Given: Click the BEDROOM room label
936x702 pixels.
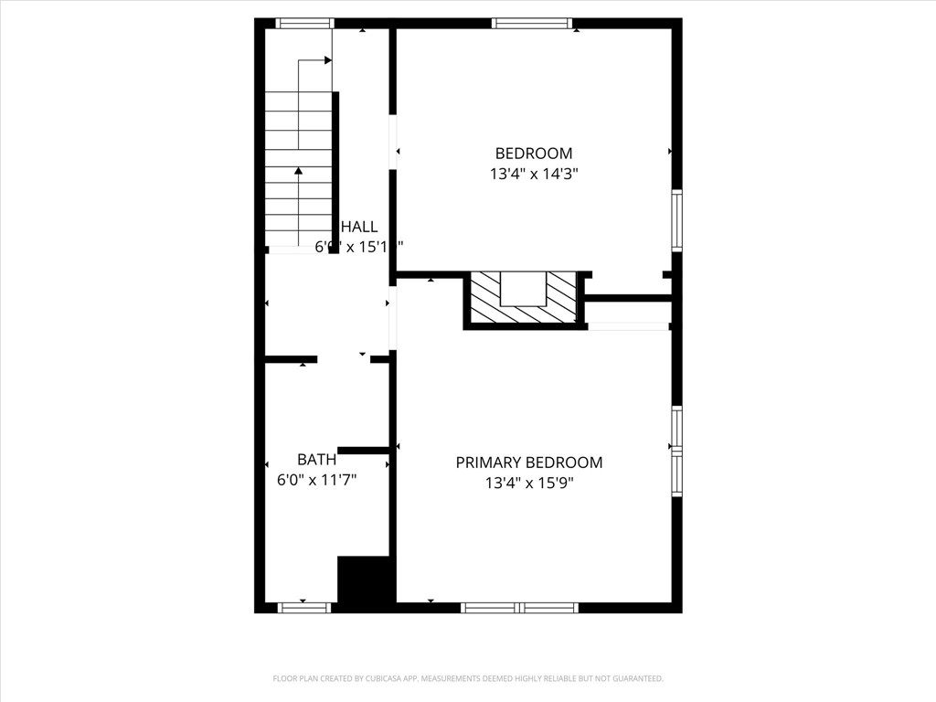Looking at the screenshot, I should click(x=534, y=154).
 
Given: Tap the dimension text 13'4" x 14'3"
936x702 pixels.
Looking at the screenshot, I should click(x=534, y=173).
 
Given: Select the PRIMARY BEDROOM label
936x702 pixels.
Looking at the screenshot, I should click(x=529, y=463).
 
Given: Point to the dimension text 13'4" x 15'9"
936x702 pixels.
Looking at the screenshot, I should click(x=529, y=483).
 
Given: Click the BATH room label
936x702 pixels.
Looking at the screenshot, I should click(x=316, y=460).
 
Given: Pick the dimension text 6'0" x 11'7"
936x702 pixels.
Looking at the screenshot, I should click(x=316, y=478).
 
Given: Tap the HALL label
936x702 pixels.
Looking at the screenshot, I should click(x=359, y=227).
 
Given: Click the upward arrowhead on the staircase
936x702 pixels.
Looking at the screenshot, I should click(x=298, y=170).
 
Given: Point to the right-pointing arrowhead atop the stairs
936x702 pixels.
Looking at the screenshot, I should click(x=327, y=61).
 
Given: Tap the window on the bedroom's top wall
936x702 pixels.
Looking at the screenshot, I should click(x=531, y=24).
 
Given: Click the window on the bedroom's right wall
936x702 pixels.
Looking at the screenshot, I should click(x=677, y=219).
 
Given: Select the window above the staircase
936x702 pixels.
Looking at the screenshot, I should click(x=304, y=24).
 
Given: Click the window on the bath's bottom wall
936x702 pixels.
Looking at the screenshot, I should click(x=304, y=606).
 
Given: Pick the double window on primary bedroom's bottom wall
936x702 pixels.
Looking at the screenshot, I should click(x=518, y=606).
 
